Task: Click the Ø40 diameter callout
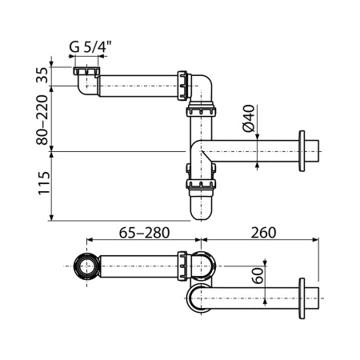[x=247, y=119]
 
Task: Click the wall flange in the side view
[x=302, y=151]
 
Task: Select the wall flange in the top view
[x=302, y=298]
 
